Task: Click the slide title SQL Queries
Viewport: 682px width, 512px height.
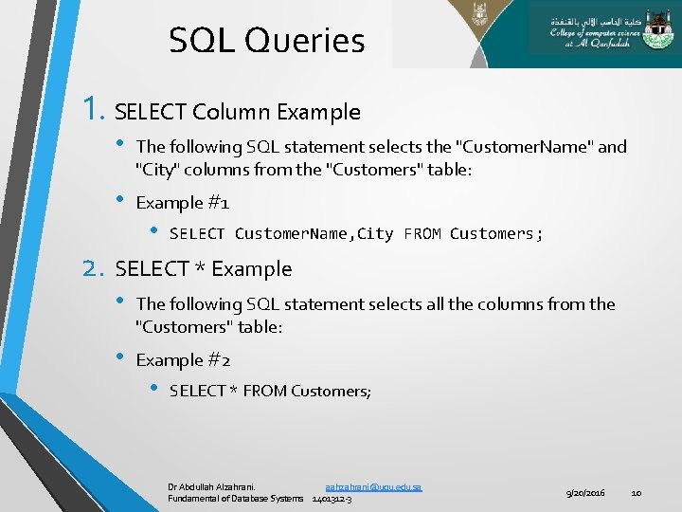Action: tap(266, 41)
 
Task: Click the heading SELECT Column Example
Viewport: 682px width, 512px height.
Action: tap(237, 112)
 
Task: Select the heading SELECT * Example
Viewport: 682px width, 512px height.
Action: tap(203, 269)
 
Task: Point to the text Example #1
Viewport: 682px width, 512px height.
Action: tap(183, 203)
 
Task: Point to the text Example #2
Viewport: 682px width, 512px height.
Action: tap(184, 360)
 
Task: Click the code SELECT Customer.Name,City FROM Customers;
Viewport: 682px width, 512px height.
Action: tap(356, 234)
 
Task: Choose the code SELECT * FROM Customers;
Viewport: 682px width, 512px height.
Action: tap(270, 391)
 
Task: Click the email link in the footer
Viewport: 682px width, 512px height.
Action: tap(373, 486)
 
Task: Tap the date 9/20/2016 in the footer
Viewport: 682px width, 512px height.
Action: tap(585, 493)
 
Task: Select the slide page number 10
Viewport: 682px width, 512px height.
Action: tap(637, 493)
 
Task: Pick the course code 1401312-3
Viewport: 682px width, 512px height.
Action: tap(332, 499)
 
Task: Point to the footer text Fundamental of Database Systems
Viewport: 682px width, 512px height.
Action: tap(236, 499)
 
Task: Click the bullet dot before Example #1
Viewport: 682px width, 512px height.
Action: tap(120, 202)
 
